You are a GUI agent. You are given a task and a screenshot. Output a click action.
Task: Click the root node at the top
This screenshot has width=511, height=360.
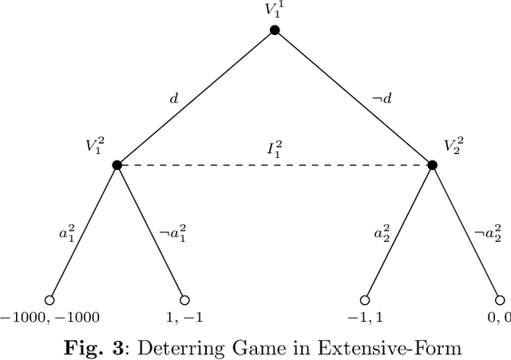[x=275, y=30]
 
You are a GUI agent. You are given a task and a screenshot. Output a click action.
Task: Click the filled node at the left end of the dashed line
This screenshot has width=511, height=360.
[x=117, y=165]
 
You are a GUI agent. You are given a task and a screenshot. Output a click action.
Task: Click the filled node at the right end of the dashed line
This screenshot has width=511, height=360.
[x=432, y=165]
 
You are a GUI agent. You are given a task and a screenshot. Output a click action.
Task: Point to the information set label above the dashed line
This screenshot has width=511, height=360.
[x=275, y=149]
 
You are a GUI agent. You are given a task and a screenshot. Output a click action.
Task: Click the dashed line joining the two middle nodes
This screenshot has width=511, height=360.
[x=240, y=165]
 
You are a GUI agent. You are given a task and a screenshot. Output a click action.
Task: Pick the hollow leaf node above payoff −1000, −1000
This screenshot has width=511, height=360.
[x=50, y=300]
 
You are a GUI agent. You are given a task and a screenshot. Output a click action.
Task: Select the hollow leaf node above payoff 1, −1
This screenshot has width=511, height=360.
[x=184, y=300]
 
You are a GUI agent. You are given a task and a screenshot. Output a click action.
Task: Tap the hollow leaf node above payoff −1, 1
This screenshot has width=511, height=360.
[x=364, y=300]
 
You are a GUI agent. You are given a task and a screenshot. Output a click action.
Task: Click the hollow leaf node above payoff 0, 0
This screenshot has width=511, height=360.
[x=499, y=300]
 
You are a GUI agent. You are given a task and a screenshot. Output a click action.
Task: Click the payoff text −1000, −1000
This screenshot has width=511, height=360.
[x=50, y=318]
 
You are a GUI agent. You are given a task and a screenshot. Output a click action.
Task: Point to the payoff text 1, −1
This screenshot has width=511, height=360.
[x=184, y=318]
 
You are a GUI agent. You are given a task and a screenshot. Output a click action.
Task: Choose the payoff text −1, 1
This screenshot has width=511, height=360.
[x=364, y=318]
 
